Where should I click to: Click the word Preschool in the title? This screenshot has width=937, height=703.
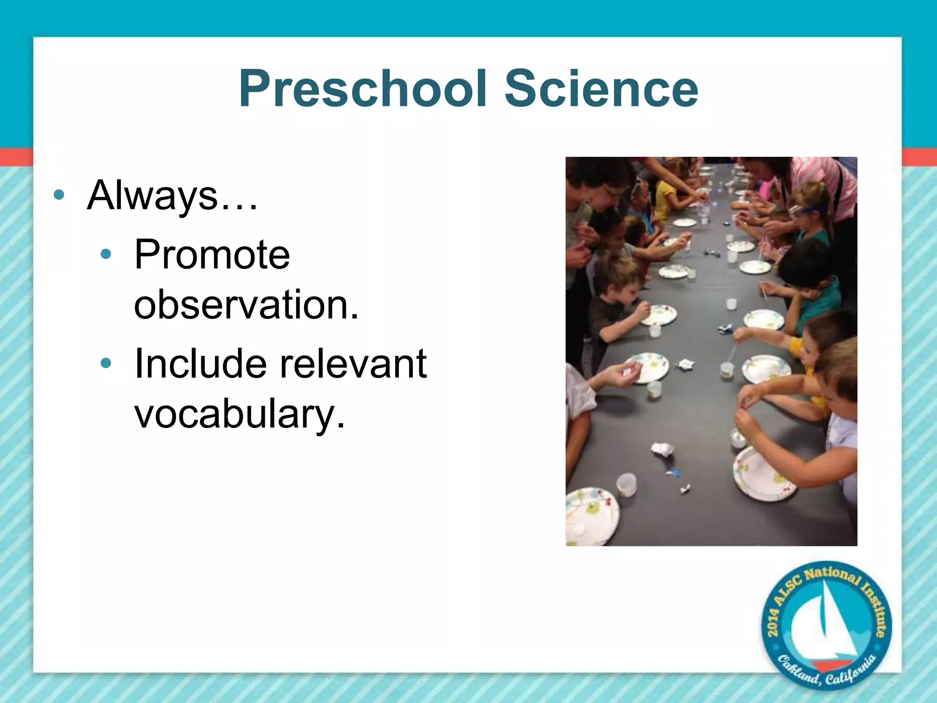pos(362,89)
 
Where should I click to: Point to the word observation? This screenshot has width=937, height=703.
pos(246,305)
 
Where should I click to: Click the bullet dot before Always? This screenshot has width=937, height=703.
pos(59,195)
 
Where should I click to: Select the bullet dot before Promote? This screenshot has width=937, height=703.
pos(106,254)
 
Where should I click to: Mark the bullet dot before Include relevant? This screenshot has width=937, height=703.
pos(106,363)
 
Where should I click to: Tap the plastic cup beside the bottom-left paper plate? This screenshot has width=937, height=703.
pos(626,485)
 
